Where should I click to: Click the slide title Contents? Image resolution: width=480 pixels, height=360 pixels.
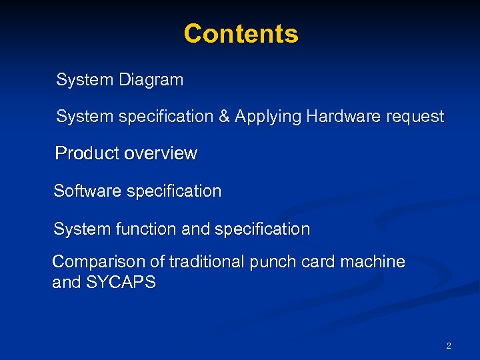(241, 33)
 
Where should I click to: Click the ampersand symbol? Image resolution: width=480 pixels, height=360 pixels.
(223, 117)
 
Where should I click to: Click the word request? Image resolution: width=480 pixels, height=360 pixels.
(412, 117)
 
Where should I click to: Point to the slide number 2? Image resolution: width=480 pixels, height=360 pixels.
(448, 345)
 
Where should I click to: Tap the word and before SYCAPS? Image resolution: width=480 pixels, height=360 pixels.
(66, 283)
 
